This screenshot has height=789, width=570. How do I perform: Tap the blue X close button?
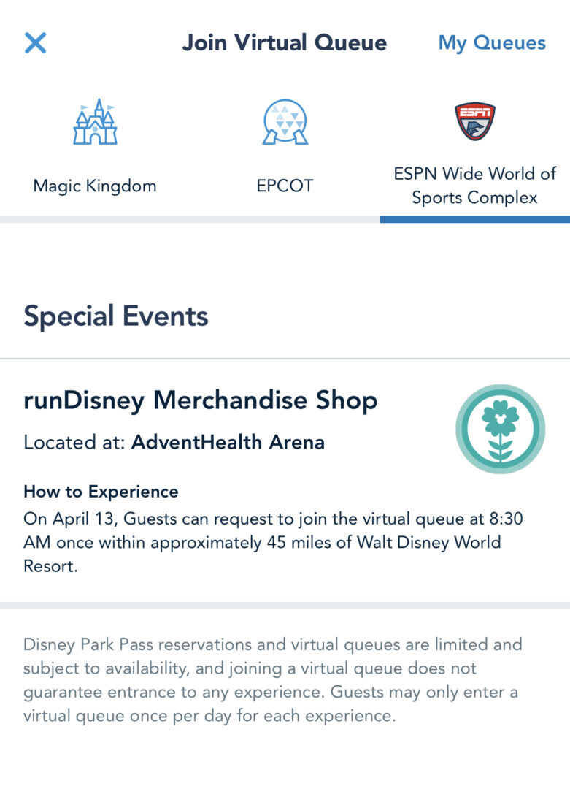click(x=36, y=43)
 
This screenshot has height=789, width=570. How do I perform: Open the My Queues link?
click(x=492, y=43)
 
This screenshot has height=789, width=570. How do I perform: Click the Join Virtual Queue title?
click(x=285, y=42)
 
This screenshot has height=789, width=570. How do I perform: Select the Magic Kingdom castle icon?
click(x=95, y=121)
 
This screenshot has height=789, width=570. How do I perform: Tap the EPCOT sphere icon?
click(x=285, y=121)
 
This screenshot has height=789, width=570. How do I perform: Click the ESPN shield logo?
click(x=475, y=121)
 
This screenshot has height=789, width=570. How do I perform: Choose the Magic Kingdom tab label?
click(x=95, y=186)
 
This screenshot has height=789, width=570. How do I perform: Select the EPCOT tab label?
click(x=285, y=186)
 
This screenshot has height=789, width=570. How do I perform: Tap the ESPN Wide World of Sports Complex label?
click(x=475, y=185)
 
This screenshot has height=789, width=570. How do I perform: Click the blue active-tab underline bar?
click(x=475, y=219)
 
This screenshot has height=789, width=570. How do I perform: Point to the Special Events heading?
click(x=116, y=316)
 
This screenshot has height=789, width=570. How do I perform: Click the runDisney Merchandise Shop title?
click(x=201, y=400)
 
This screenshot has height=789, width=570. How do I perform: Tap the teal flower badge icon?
click(x=500, y=429)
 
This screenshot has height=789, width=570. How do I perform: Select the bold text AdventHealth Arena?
click(x=228, y=442)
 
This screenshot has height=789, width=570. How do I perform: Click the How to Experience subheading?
click(x=101, y=491)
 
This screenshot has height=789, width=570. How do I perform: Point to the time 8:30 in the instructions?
click(x=507, y=518)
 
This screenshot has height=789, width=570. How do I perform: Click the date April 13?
click(x=83, y=518)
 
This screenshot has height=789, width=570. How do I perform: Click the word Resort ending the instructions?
click(x=49, y=566)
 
